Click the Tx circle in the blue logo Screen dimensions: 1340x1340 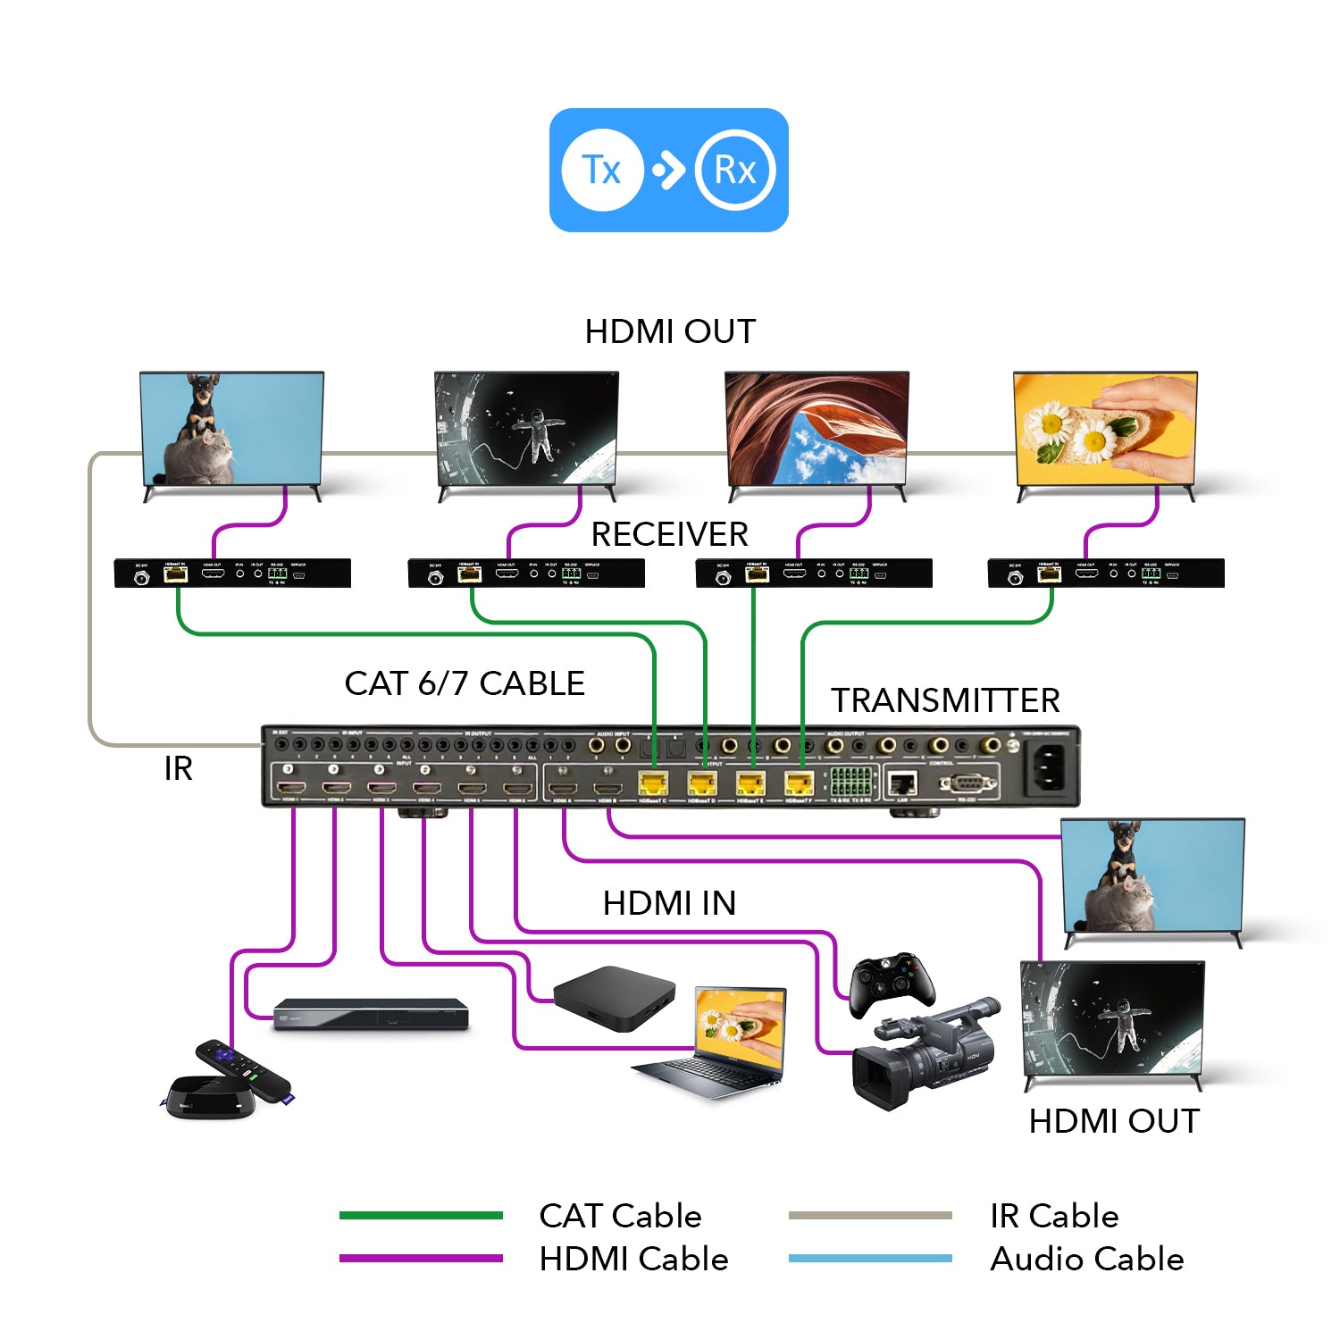pyautogui.click(x=602, y=170)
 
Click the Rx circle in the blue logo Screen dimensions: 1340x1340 pyautogui.click(x=735, y=170)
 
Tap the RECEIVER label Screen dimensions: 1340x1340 pyautogui.click(x=669, y=534)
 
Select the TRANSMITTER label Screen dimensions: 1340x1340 pyautogui.click(x=945, y=700)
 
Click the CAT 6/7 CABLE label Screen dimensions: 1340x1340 pyautogui.click(x=465, y=683)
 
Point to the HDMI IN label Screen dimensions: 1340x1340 pyautogui.click(x=669, y=903)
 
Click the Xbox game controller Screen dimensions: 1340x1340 pyautogui.click(x=892, y=983)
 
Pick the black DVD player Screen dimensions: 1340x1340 pyautogui.click(x=371, y=1014)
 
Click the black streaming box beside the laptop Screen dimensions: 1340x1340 pyautogui.click(x=614, y=996)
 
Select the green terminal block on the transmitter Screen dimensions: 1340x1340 pyautogui.click(x=850, y=781)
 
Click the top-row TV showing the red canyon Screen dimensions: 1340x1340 pyautogui.click(x=816, y=429)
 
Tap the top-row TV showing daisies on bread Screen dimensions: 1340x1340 pyautogui.click(x=1105, y=429)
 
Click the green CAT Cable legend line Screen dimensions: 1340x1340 pyautogui.click(x=421, y=1215)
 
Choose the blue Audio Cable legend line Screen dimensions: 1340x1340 pyautogui.click(x=870, y=1259)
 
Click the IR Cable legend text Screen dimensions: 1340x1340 pyautogui.click(x=1054, y=1216)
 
